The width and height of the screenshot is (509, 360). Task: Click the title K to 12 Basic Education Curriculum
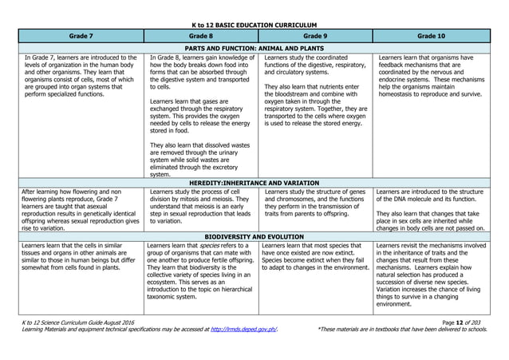pos(254,26)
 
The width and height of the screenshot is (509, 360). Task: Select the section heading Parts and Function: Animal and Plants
pos(254,48)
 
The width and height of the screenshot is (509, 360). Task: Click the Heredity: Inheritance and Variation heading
pos(254,183)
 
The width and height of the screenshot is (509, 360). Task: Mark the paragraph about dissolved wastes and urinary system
pos(199,159)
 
